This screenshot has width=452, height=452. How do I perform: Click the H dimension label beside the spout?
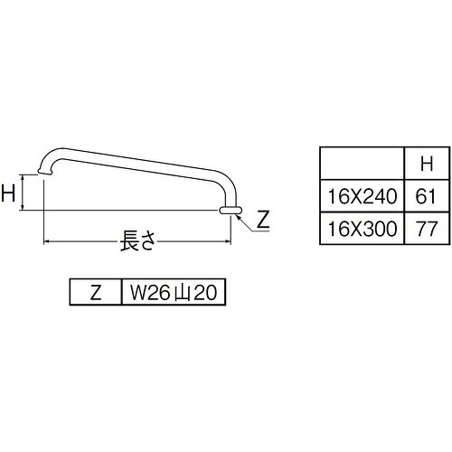(8, 193)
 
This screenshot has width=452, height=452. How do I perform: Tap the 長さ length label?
(138, 240)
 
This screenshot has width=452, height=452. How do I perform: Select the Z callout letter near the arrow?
(263, 220)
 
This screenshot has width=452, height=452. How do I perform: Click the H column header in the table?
(427, 164)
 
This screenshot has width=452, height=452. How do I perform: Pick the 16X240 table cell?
(363, 196)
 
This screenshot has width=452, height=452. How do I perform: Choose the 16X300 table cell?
(363, 229)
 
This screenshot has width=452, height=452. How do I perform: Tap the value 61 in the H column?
(426, 196)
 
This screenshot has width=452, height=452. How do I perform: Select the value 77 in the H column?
(426, 229)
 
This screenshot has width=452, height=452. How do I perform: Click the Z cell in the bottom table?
(96, 292)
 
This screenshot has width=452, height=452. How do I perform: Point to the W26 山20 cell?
(174, 292)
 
